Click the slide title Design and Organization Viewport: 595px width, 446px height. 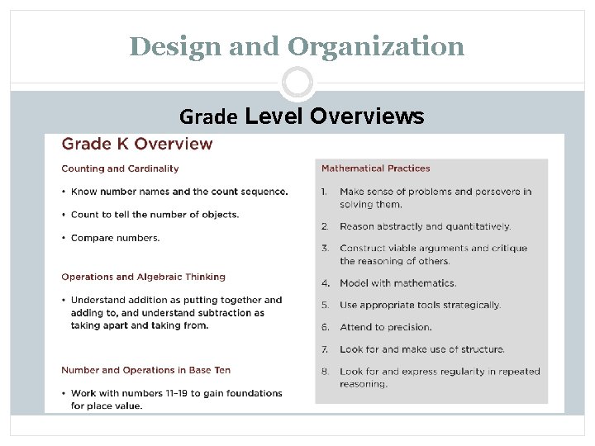[x=297, y=46]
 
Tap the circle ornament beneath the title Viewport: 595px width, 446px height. [x=297, y=83]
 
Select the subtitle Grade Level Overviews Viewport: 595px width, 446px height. [x=302, y=117]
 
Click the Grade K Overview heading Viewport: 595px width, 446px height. [x=137, y=144]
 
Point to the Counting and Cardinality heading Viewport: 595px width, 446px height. [x=120, y=168]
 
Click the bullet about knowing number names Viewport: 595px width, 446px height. [x=179, y=192]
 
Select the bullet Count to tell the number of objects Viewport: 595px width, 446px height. [x=155, y=215]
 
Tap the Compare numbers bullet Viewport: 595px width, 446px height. [x=116, y=238]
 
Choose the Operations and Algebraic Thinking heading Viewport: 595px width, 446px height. [x=143, y=277]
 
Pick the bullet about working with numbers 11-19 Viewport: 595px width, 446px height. [x=176, y=399]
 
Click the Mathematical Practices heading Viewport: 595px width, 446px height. [x=375, y=168]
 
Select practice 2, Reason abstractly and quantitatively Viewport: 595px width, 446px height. [x=425, y=226]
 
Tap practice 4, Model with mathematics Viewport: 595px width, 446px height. [x=397, y=283]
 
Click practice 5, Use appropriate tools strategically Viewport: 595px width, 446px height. [x=420, y=305]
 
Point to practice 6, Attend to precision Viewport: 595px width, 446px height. [x=385, y=327]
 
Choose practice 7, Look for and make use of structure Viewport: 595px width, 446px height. [x=421, y=349]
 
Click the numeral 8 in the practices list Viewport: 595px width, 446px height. [x=325, y=372]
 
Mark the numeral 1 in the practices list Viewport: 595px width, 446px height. [x=325, y=192]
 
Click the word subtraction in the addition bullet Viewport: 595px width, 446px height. [x=236, y=313]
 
